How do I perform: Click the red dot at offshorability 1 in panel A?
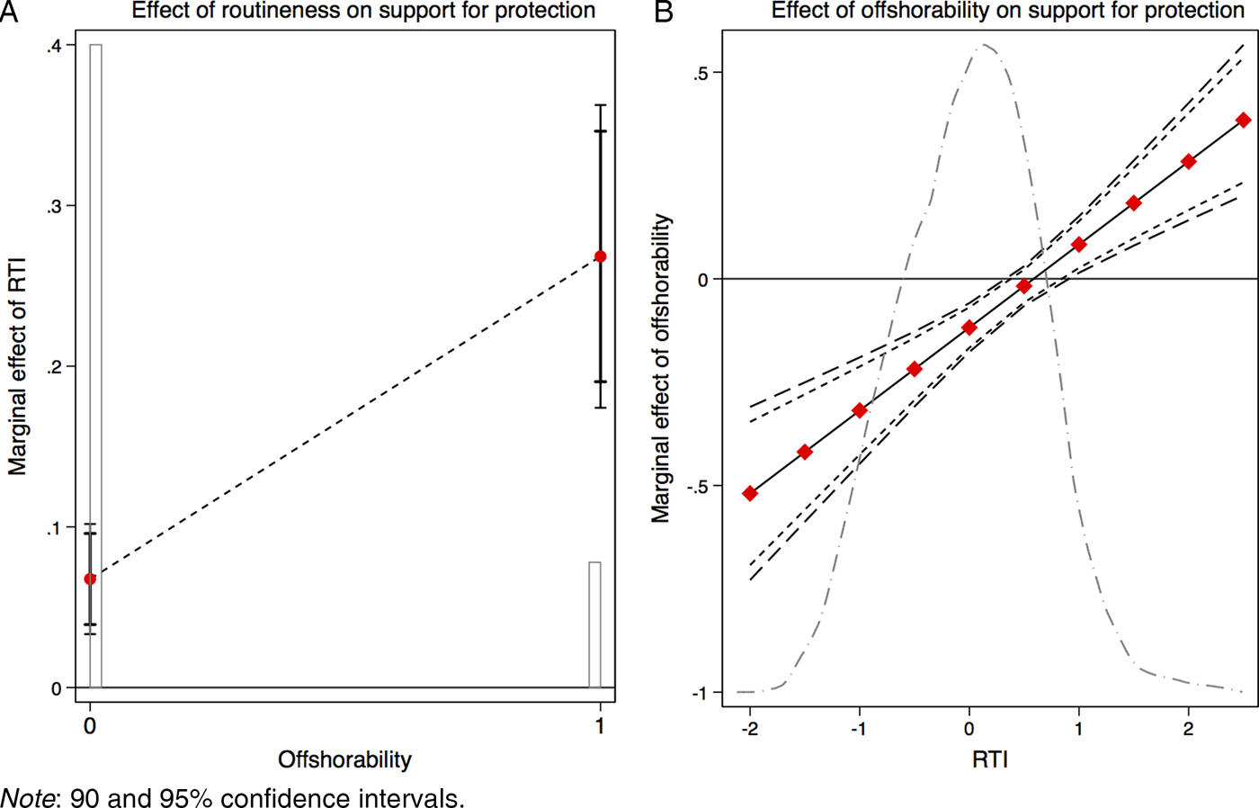(601, 256)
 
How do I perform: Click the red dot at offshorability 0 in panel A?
(90, 579)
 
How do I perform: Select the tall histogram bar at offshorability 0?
(96, 360)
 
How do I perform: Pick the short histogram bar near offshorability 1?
(594, 624)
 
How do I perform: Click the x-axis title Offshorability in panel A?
(344, 759)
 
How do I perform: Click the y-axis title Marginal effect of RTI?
(17, 366)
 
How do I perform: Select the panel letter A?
(9, 13)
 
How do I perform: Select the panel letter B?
(664, 13)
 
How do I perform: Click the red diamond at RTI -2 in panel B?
(750, 494)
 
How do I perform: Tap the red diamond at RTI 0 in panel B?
(969, 328)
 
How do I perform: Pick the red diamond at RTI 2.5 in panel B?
(1244, 120)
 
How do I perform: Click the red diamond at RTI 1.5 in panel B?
(1134, 203)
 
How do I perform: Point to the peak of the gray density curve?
(985, 45)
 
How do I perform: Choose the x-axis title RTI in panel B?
(989, 759)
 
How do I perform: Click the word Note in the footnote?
(26, 798)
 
